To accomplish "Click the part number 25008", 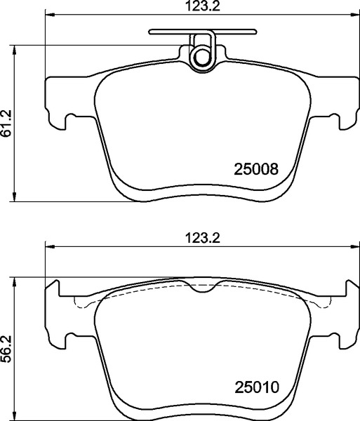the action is [x=256, y=169].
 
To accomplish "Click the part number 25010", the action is [x=257, y=387].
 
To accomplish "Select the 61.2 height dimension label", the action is [x=7, y=123].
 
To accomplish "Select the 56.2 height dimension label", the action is [x=7, y=349].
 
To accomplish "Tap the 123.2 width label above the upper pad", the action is [x=203, y=6].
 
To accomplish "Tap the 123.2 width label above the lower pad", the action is [x=203, y=238].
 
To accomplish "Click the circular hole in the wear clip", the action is [x=201, y=57].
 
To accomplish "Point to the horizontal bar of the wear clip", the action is [x=203, y=32].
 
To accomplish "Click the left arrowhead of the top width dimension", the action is [x=49, y=15].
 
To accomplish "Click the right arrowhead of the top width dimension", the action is [x=355, y=15].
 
